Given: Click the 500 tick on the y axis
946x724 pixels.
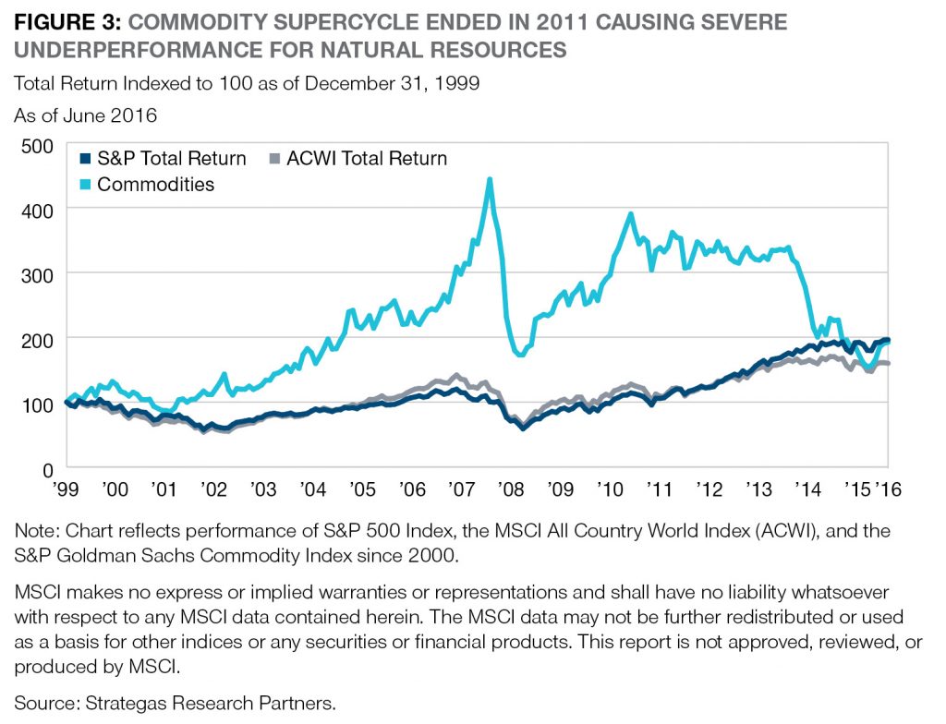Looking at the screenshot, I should pos(38,145).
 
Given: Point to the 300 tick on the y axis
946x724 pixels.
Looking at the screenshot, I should pos(38,274).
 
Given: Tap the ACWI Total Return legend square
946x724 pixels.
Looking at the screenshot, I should pos(273,159).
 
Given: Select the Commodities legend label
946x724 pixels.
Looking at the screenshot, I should pos(155,184).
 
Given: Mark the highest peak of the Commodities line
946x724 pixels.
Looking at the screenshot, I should pos(490,179).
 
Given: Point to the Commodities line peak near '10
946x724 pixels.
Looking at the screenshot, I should pos(631,214).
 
